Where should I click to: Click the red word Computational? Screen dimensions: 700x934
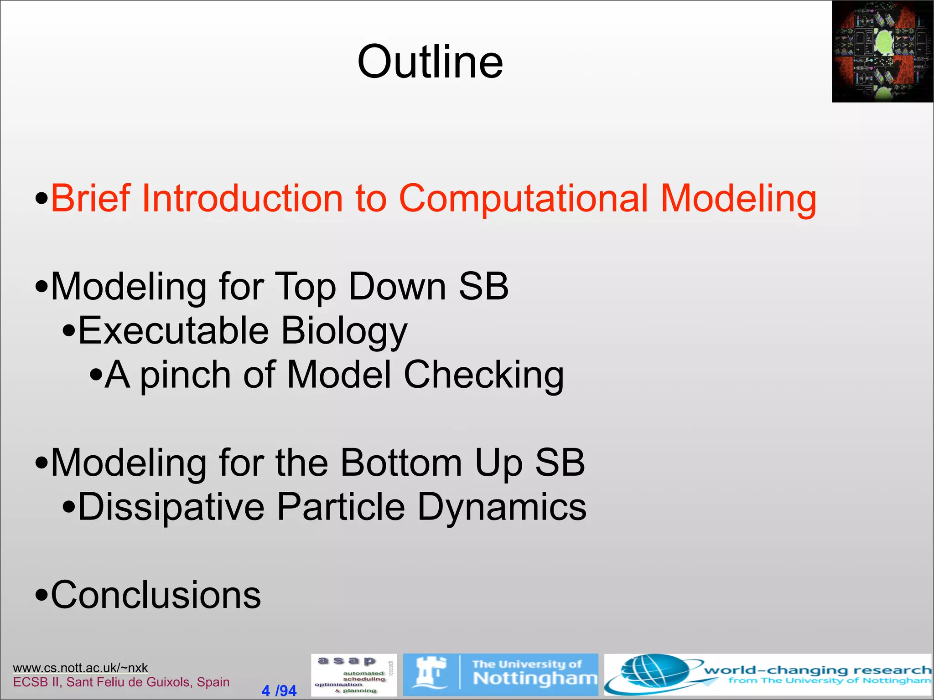[x=523, y=198]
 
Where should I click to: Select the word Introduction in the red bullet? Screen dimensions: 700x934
[x=242, y=198]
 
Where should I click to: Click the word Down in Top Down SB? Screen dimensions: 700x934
[x=397, y=286]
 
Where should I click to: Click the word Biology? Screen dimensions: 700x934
[x=344, y=331]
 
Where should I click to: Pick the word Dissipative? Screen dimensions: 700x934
[x=171, y=507]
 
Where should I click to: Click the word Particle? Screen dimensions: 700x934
[x=341, y=507]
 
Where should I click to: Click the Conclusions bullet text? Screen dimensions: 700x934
[x=155, y=595]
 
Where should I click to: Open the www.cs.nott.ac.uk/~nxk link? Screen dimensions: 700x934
[x=80, y=668]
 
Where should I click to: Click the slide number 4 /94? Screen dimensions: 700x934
[x=279, y=690]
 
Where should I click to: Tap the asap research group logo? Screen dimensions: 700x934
[x=353, y=675]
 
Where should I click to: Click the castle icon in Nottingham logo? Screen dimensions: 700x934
[x=429, y=674]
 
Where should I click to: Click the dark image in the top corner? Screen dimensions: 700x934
[x=882, y=51]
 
